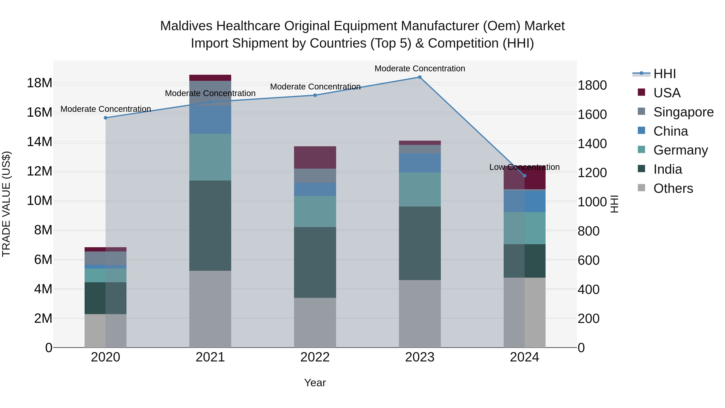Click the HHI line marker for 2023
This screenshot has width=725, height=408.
click(x=420, y=77)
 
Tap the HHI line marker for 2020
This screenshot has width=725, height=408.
click(x=106, y=118)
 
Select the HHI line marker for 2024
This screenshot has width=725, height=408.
click(x=524, y=176)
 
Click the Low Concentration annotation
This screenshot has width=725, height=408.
click(x=524, y=167)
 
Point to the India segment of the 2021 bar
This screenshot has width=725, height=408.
click(x=210, y=225)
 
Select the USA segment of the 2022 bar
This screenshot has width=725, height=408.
click(x=315, y=157)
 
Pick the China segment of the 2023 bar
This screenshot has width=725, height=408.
click(x=420, y=163)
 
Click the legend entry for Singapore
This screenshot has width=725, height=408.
click(x=683, y=112)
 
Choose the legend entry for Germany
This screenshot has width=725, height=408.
click(x=680, y=150)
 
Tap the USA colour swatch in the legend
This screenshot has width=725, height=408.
click(x=641, y=92)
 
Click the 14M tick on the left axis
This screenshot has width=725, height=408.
click(x=39, y=142)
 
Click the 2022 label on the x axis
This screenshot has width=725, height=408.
click(x=315, y=357)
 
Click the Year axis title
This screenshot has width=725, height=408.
click(x=315, y=383)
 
